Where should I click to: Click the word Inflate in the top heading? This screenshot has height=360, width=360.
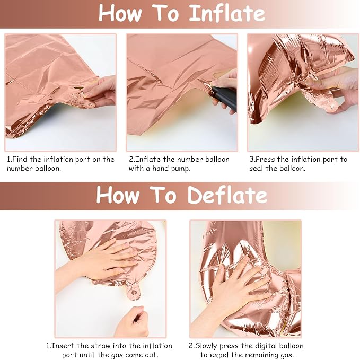pyautogui.click(x=227, y=13)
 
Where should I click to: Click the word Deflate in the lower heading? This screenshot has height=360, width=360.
pyautogui.click(x=227, y=195)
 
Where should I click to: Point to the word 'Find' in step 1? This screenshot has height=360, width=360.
pyautogui.click(x=20, y=159)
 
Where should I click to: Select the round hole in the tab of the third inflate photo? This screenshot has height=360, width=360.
pyautogui.click(x=331, y=107)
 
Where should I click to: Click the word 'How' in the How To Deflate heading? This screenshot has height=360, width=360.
pyautogui.click(x=118, y=195)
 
